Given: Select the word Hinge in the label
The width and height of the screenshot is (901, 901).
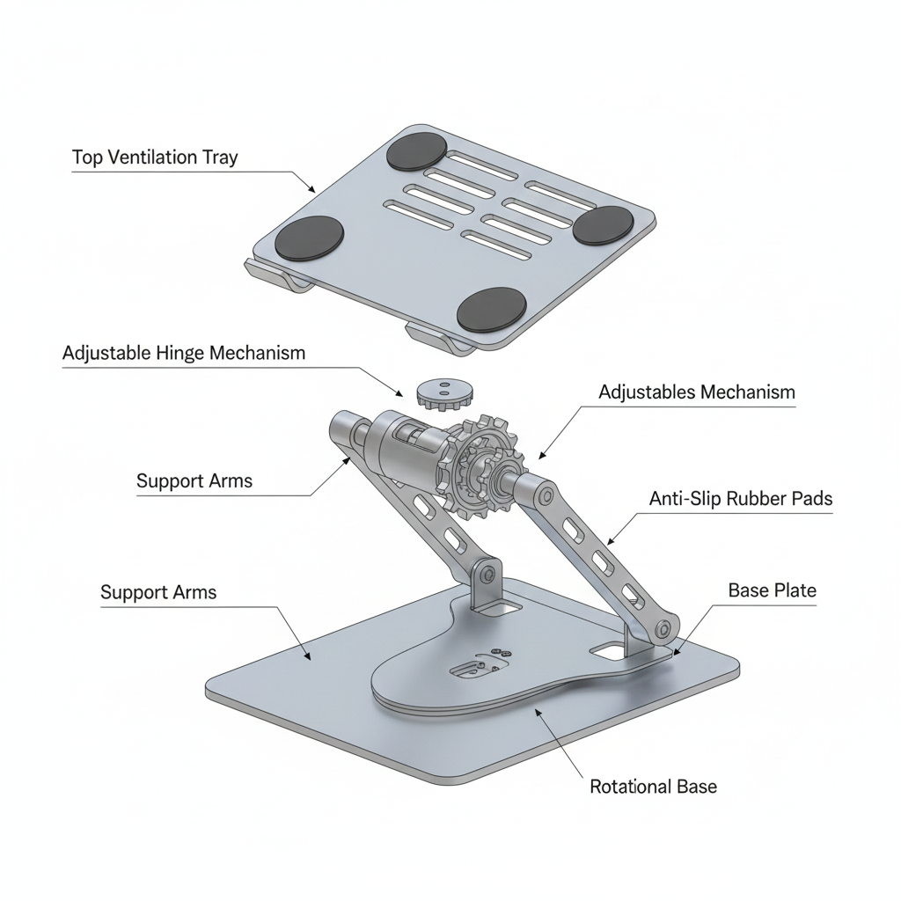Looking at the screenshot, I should click(x=182, y=353).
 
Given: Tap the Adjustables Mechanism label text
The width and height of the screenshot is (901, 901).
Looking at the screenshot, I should click(x=696, y=392).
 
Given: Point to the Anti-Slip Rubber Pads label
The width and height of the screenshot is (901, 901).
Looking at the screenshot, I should click(x=740, y=499).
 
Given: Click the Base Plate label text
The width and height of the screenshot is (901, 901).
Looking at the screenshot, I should click(x=772, y=590).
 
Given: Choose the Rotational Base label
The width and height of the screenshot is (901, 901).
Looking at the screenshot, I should click(x=653, y=787).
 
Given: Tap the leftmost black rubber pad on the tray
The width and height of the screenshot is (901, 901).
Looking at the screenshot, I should click(x=309, y=238).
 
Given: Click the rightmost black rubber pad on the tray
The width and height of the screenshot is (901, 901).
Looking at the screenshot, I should click(x=603, y=225).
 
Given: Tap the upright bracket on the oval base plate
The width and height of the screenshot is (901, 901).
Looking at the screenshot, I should click(x=485, y=586).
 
